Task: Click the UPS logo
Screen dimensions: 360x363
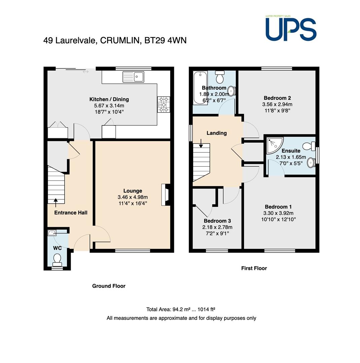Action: tap(291, 29)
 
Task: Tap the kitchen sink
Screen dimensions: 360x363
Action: tap(133, 77)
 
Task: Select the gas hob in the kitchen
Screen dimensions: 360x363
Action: tap(164, 105)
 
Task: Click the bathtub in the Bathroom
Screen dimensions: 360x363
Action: tap(200, 88)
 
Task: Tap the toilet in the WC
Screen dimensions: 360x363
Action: tap(57, 260)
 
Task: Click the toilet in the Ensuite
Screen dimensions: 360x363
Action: tap(309, 146)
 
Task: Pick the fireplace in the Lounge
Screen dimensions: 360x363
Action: tap(166, 195)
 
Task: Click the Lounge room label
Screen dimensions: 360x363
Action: tap(133, 191)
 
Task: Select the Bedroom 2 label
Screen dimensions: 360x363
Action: tap(277, 98)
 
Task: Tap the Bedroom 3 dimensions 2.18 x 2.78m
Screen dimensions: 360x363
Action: tap(217, 227)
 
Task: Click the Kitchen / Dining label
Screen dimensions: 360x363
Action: tap(109, 99)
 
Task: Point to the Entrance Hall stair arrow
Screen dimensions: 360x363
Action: tap(56, 203)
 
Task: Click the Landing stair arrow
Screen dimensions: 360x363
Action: tap(201, 143)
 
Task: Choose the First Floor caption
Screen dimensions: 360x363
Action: tap(254, 268)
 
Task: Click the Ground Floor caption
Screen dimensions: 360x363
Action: tap(109, 286)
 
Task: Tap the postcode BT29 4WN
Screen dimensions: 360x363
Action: tap(166, 40)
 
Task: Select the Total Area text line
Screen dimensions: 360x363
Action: tap(181, 309)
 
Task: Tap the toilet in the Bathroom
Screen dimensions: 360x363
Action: tap(219, 77)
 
